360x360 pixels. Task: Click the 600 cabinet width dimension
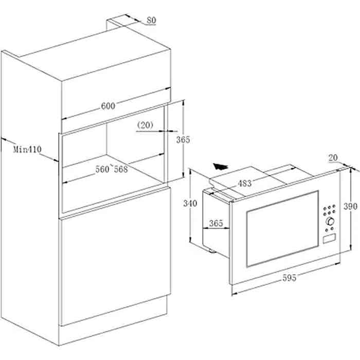[x=108, y=106]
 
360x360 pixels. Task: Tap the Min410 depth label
[x=27, y=150]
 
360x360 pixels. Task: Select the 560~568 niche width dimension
[x=112, y=169]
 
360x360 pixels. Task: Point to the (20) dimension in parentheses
[x=145, y=125]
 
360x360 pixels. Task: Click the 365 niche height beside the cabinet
[x=183, y=139]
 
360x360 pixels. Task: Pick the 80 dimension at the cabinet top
[x=152, y=20]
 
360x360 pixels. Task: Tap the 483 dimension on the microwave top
[x=244, y=184]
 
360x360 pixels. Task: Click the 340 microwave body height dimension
[x=190, y=203]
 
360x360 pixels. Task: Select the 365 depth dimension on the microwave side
[x=216, y=223]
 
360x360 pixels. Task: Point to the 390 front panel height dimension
[x=350, y=206]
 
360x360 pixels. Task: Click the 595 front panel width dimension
[x=289, y=278]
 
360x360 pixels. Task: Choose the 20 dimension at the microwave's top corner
[x=333, y=158]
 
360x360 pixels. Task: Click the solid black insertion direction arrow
[x=220, y=166]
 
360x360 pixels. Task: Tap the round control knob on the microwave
[x=330, y=221]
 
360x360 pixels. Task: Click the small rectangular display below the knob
[x=329, y=238]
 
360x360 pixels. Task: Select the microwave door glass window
[x=282, y=229]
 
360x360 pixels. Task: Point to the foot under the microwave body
[x=211, y=250]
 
